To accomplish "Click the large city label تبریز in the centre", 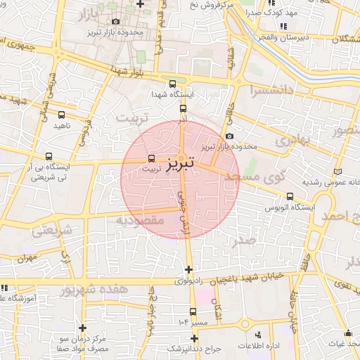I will pyautogui.click(x=182, y=165).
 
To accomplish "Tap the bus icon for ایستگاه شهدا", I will pyautogui.click(x=174, y=84).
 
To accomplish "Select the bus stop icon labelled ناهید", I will pyautogui.click(x=62, y=115).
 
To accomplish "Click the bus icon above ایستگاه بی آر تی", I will pyautogui.click(x=49, y=157).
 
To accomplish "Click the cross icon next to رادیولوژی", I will pyautogui.click(x=188, y=269).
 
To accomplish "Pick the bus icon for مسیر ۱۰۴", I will pyautogui.click(x=193, y=311).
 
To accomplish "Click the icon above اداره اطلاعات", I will pyautogui.click(x=258, y=335).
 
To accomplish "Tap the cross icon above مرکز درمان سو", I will pyautogui.click(x=83, y=328).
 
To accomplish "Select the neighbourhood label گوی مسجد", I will pyautogui.click(x=264, y=178).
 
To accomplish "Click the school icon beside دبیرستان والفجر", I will pyautogui.click(x=283, y=27).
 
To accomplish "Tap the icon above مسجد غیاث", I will pyautogui.click(x=349, y=333).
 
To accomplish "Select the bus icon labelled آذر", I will pyautogui.click(x=183, y=109).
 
